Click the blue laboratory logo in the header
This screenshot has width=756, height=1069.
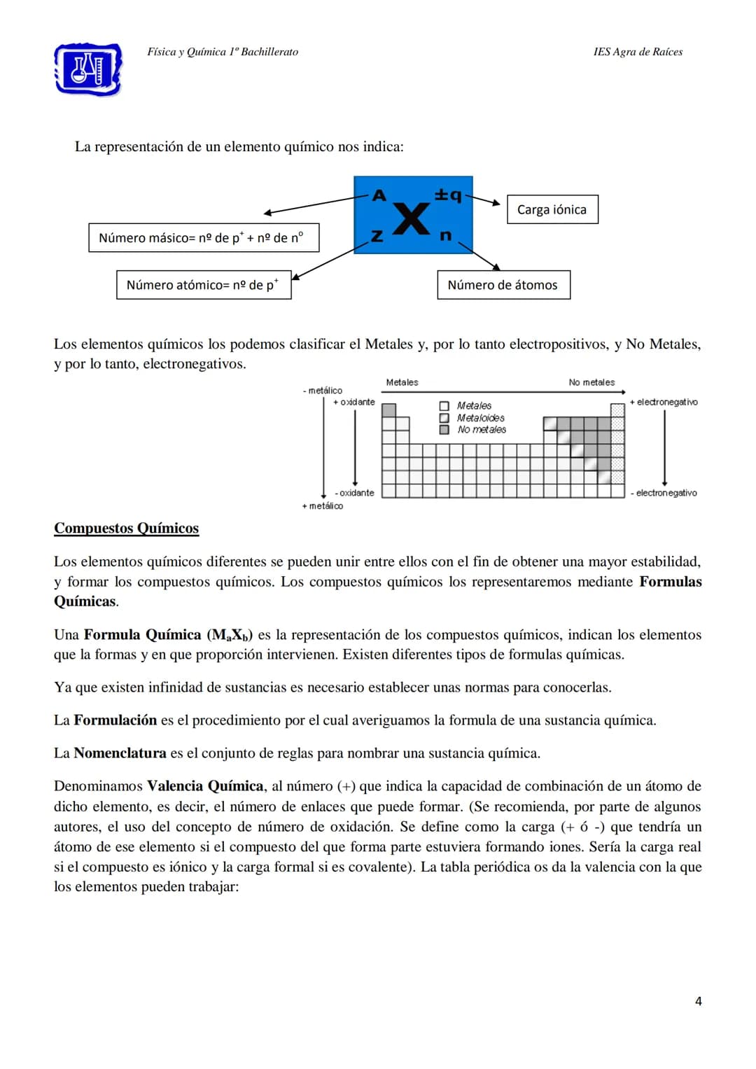[x=88, y=69]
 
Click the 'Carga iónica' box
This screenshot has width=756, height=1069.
[x=552, y=209]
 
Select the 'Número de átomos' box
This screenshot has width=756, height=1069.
[x=503, y=285]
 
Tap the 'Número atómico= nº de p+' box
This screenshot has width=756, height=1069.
[x=203, y=285]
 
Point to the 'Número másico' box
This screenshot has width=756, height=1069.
[x=204, y=238]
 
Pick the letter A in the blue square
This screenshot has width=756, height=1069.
[x=379, y=196]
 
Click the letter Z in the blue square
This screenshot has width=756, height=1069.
[x=377, y=237]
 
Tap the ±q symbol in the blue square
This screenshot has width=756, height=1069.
[x=448, y=195]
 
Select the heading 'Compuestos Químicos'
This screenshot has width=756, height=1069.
[x=127, y=529]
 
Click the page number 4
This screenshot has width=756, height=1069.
[x=698, y=1001]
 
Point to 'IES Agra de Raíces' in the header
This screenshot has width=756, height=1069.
[x=638, y=52]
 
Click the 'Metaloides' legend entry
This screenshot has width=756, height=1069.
[x=480, y=418]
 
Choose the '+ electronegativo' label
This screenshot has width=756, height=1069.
[x=664, y=402]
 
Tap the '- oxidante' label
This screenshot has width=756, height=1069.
[x=355, y=493]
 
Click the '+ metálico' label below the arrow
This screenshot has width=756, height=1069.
[x=323, y=506]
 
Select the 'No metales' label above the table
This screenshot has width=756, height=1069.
[x=591, y=382]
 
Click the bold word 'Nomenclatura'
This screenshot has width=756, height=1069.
[x=120, y=753]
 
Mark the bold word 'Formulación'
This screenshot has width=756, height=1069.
[x=115, y=720]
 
